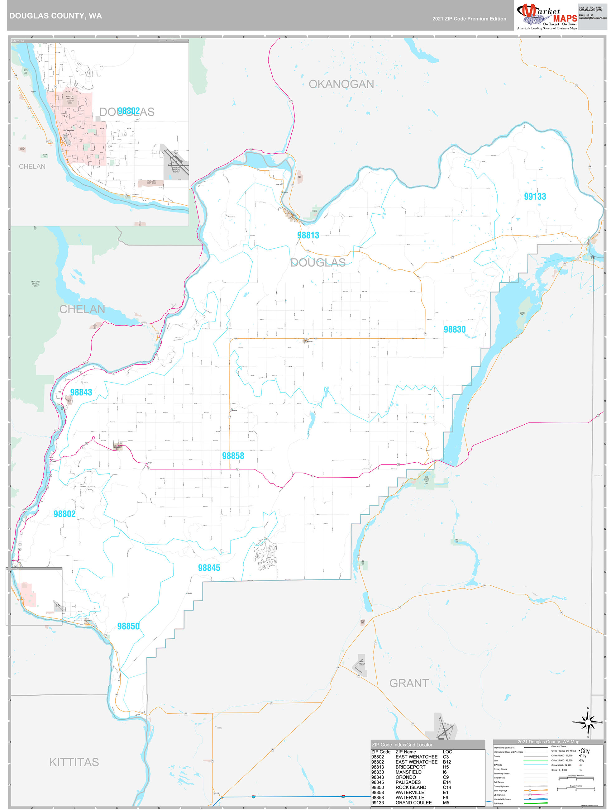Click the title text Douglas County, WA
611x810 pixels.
tap(56, 16)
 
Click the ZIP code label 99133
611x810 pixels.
tap(535, 197)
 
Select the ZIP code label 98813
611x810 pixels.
tap(308, 236)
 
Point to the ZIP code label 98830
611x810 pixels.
tap(454, 330)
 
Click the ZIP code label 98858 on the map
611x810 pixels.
tap(233, 456)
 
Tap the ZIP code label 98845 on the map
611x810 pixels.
tap(209, 568)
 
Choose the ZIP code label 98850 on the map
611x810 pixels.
tap(128, 627)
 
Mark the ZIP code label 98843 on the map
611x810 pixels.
tap(81, 393)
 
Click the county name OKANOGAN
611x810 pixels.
tap(341, 84)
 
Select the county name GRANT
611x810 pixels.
tap(409, 683)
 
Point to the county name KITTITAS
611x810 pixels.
tap(74, 762)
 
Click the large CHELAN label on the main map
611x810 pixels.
tap(82, 309)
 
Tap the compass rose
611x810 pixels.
tap(588, 722)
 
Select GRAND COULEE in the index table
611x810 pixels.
tap(413, 803)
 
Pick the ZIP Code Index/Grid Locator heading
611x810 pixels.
tap(402, 745)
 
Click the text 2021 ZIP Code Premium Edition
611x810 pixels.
tap(469, 19)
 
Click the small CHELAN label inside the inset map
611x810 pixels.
tap(32, 167)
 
